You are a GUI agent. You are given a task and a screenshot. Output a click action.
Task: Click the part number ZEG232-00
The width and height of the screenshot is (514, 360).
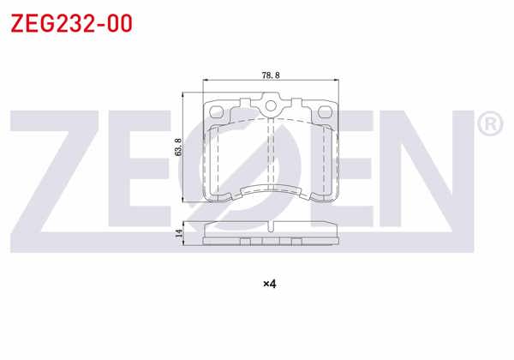click(x=71, y=24)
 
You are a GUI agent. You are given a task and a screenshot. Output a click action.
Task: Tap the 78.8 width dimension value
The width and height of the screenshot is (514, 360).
click(x=271, y=75)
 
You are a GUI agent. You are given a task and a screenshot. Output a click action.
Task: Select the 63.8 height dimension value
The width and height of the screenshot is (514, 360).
click(x=178, y=147)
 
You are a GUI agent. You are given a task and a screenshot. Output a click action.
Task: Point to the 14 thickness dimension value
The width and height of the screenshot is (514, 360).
click(x=178, y=233)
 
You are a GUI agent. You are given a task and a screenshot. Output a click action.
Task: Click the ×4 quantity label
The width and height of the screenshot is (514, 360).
click(x=270, y=284)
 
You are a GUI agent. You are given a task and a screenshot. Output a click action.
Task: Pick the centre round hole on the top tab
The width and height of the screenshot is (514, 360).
click(x=271, y=106)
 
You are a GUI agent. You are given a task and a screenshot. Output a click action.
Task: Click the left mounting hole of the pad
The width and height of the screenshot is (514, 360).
click(x=216, y=111)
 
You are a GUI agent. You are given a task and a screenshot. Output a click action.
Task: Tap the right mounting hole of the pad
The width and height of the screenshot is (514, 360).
click(x=325, y=111)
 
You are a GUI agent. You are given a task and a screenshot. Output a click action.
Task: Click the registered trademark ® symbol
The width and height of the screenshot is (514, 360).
click(x=490, y=124)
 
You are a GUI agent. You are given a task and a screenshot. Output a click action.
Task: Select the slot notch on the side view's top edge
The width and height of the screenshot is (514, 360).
click(x=271, y=226)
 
